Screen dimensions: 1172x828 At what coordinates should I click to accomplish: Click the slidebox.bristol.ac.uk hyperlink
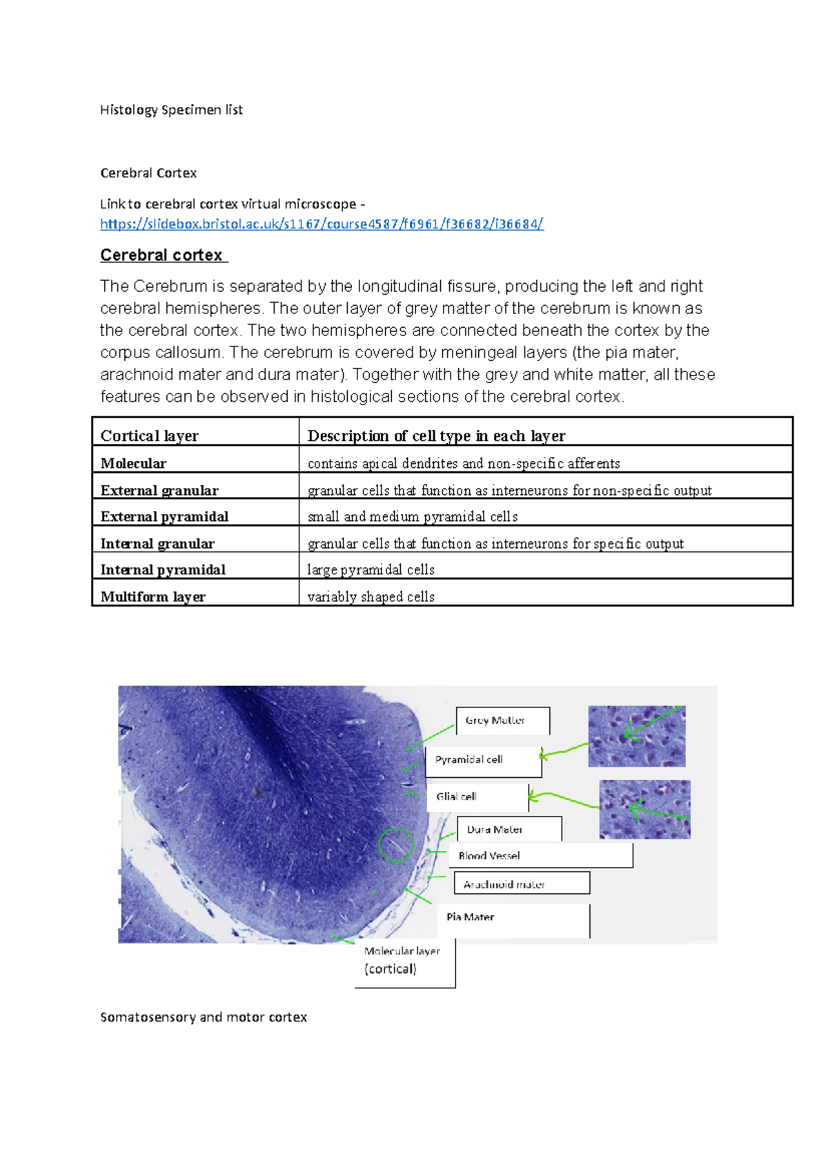point(322,224)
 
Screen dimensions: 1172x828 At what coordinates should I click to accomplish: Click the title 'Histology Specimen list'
point(171,110)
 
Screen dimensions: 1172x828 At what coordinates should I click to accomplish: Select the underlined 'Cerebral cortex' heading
point(163,255)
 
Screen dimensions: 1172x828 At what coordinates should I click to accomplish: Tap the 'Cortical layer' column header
point(150,436)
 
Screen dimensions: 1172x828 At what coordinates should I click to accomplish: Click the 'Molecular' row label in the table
point(133,463)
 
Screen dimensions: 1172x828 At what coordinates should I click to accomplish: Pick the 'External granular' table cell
point(159,490)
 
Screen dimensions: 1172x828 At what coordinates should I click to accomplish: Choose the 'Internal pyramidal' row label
point(163,569)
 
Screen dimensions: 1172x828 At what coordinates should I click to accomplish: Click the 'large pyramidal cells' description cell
point(371,569)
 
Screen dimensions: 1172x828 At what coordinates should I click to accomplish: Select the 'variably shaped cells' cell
point(371,596)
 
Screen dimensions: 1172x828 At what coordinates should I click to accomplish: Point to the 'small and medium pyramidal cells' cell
point(412,516)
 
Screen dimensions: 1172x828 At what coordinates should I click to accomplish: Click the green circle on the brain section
point(396,844)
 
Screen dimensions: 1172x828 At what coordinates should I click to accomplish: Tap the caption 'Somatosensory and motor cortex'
point(204,1017)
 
